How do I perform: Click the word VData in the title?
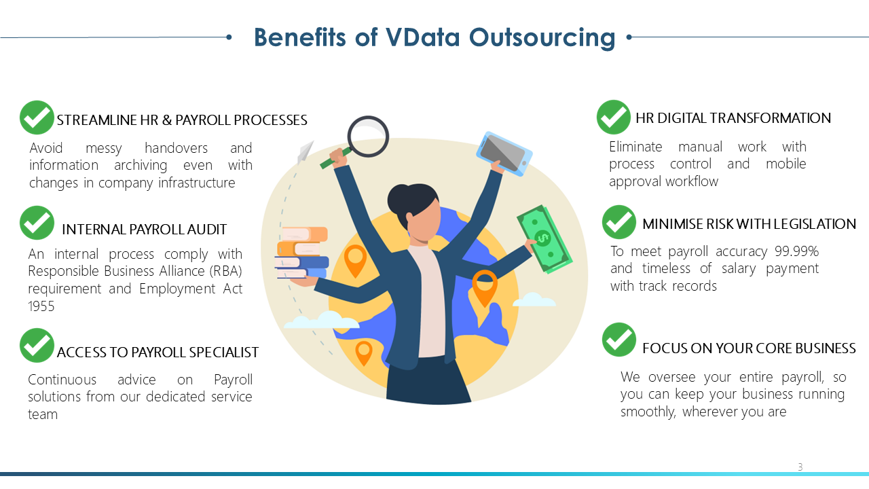422,37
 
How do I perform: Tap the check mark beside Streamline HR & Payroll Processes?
37,117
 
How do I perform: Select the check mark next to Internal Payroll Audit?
37,223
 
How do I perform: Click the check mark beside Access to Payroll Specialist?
37,345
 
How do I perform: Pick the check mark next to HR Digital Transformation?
613,117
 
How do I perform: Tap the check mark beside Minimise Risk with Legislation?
619,222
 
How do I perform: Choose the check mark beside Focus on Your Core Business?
619,340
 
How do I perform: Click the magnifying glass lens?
368,137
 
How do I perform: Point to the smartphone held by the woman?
504,153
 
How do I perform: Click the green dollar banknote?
544,238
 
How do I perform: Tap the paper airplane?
306,152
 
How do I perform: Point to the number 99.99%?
796,251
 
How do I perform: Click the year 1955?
41,306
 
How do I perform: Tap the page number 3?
800,467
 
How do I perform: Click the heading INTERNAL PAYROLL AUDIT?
145,230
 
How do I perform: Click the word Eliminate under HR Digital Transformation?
635,147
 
